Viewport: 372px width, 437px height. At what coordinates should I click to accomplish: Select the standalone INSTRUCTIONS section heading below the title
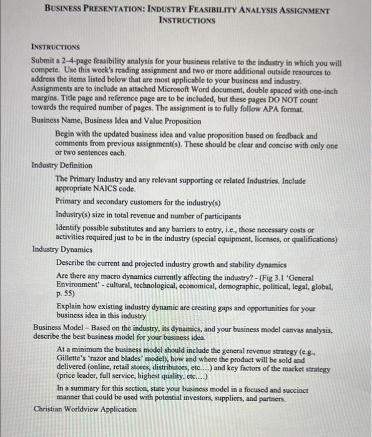tap(56, 47)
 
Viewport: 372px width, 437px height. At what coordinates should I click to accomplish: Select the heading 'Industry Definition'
tap(62, 165)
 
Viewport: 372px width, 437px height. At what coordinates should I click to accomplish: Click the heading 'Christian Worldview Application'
tap(84, 410)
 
